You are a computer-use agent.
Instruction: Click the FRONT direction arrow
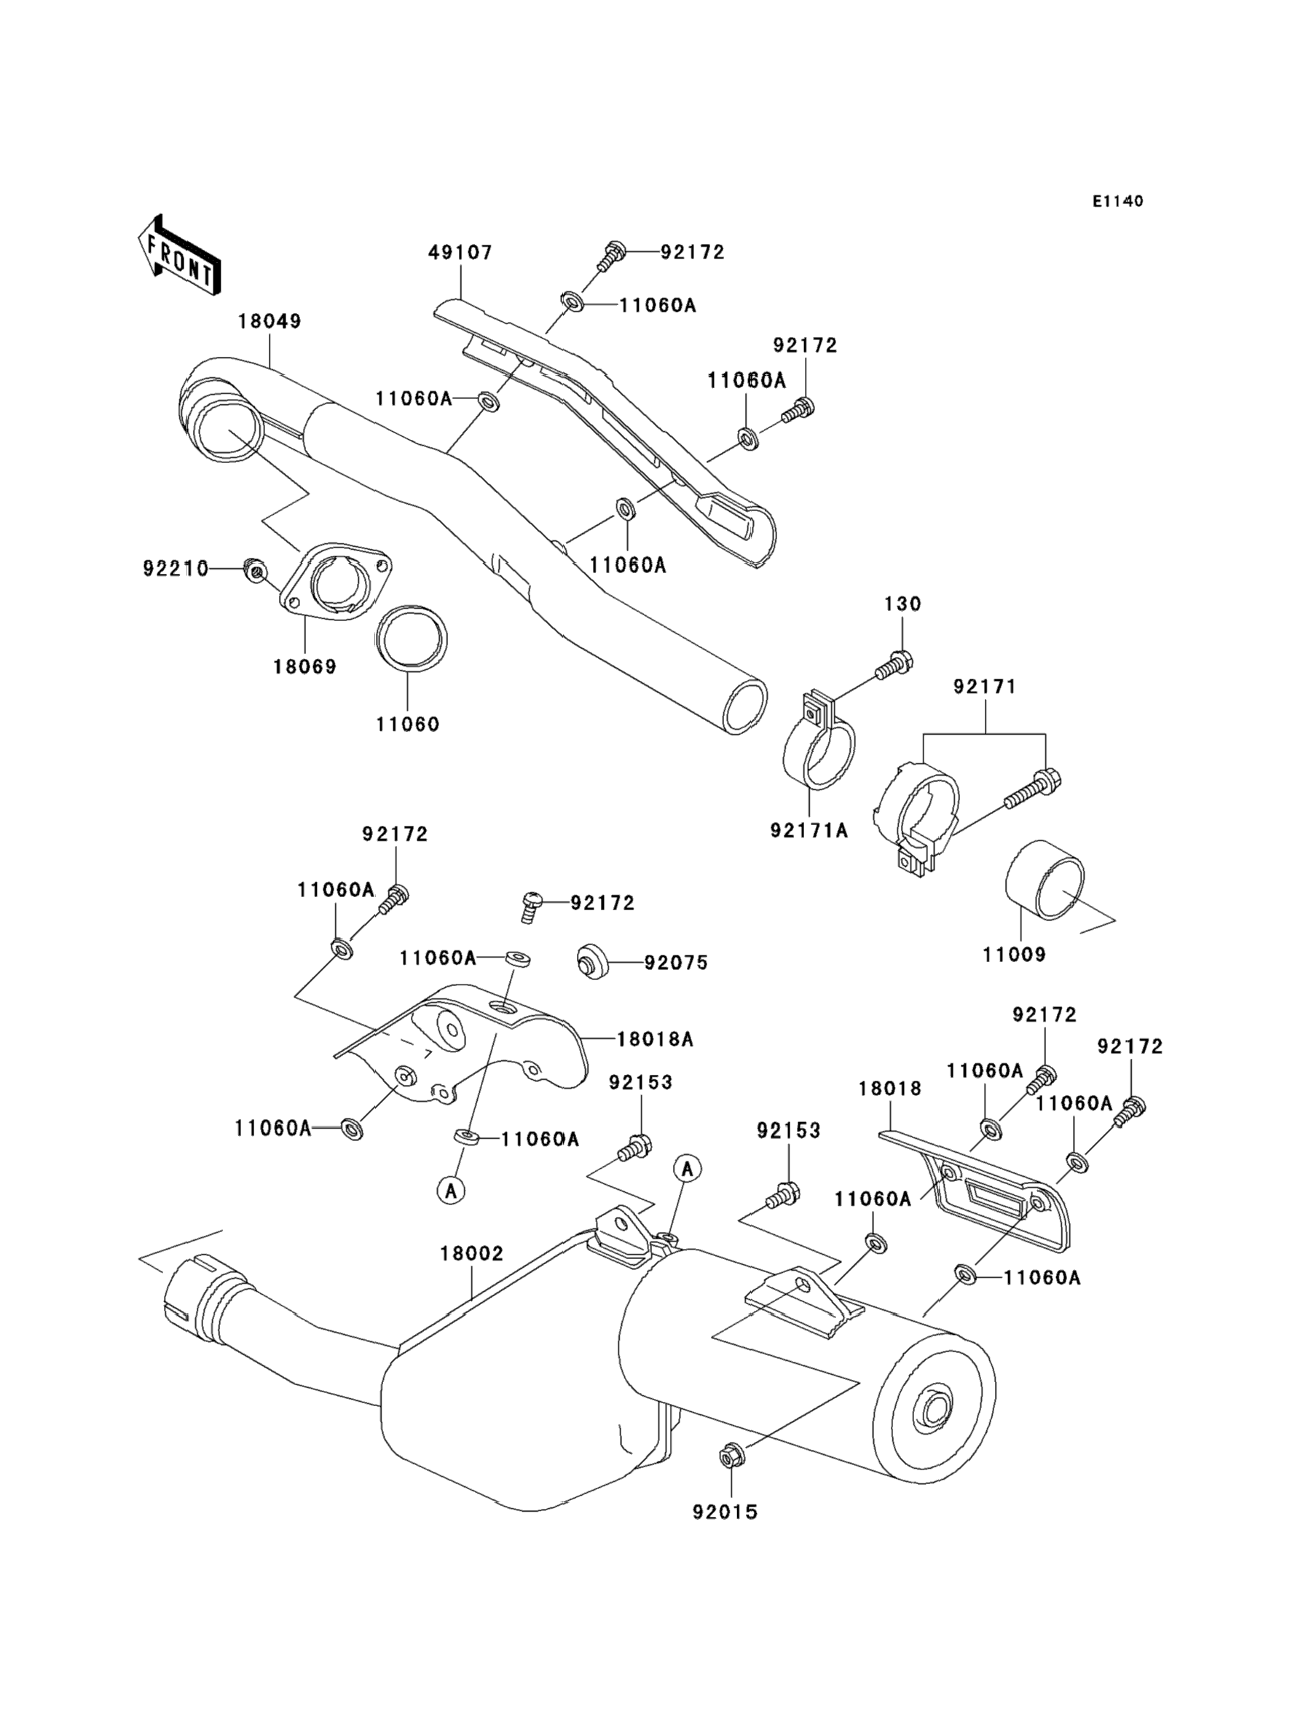click(x=179, y=256)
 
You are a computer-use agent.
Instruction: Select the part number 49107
click(x=460, y=253)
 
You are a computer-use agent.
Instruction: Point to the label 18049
click(x=269, y=321)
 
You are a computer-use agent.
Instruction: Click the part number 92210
click(x=176, y=569)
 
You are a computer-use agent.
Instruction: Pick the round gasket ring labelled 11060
click(x=412, y=639)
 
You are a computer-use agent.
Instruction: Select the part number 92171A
click(x=809, y=830)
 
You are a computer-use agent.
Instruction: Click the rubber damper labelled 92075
click(x=594, y=962)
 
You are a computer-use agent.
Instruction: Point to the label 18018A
click(x=655, y=1039)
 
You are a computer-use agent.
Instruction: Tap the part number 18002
click(x=472, y=1253)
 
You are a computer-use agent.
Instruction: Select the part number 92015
click(x=725, y=1512)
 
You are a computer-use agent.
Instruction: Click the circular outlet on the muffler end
click(x=936, y=1411)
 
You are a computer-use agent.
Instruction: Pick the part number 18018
click(x=889, y=1089)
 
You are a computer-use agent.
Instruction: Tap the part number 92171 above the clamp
click(x=984, y=687)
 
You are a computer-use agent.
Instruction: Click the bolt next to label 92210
click(x=253, y=569)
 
